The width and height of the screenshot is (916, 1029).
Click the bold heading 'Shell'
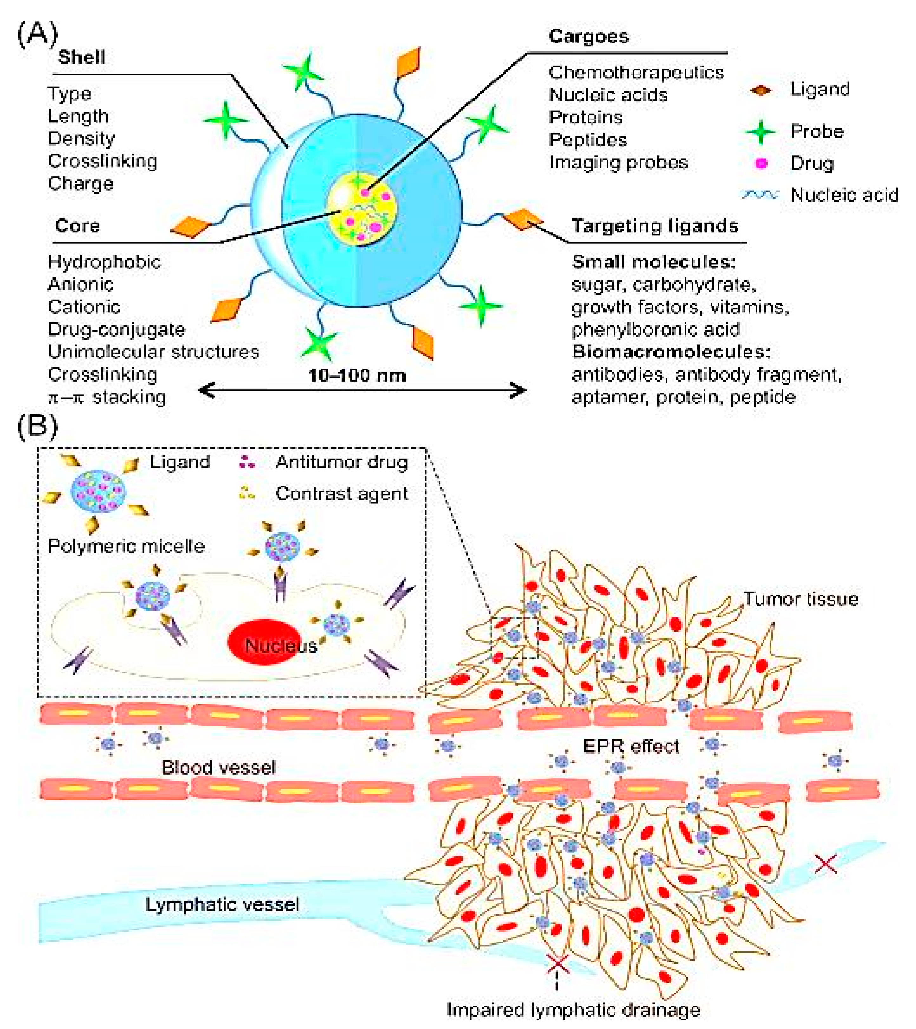click(x=81, y=57)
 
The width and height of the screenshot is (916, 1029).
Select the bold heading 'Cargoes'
click(x=589, y=36)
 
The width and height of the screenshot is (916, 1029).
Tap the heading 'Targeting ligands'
click(x=655, y=226)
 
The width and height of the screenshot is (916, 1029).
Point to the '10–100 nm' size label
click(x=357, y=375)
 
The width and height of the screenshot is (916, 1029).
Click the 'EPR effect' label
click(x=631, y=746)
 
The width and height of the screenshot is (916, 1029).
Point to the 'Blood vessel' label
click(x=218, y=767)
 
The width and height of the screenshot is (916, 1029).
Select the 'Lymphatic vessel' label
click(x=222, y=905)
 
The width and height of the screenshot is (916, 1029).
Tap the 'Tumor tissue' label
click(x=801, y=599)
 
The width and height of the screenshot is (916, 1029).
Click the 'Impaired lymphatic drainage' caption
click(x=574, y=1010)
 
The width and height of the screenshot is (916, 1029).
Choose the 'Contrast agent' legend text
click(x=341, y=493)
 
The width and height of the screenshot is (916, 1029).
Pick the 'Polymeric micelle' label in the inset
click(x=126, y=546)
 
